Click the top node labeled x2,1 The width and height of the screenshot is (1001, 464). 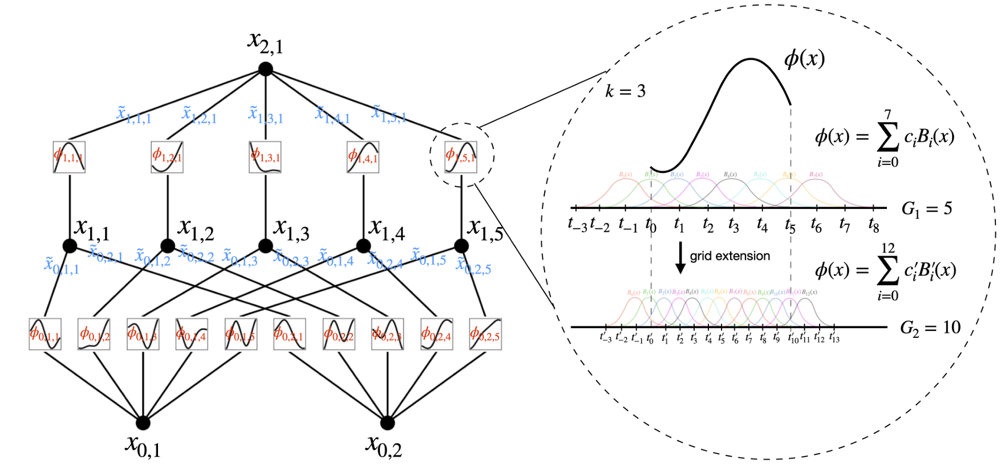[266, 70]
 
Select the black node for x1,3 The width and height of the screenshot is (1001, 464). [266, 246]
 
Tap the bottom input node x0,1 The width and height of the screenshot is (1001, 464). [143, 423]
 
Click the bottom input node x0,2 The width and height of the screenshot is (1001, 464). [387, 423]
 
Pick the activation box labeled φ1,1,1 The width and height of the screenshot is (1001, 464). [69, 157]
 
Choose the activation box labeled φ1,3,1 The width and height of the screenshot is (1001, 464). [265, 157]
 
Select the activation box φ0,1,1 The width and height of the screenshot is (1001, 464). [45, 334]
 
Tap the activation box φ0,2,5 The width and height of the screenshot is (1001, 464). [485, 334]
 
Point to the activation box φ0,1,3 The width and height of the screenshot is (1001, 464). [143, 334]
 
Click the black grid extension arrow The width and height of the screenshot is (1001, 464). [680, 258]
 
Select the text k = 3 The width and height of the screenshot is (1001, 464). [625, 91]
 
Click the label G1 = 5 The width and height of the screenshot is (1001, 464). [927, 209]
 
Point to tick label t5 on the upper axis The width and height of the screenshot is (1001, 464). [790, 226]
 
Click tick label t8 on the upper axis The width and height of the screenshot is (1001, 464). [873, 226]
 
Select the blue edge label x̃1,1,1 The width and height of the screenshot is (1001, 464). [134, 115]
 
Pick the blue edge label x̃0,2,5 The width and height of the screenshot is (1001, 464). [473, 266]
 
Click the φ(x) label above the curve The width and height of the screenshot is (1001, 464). [804, 59]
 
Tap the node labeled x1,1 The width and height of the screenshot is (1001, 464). [70, 246]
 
